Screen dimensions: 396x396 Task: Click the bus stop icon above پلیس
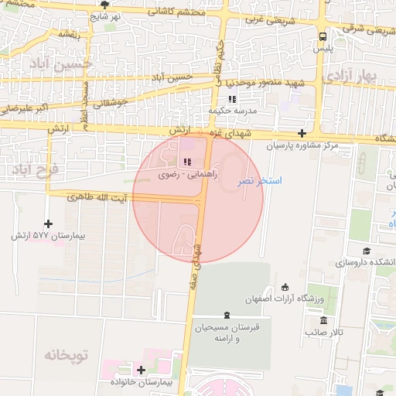coord(323,36)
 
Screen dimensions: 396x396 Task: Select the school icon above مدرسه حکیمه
coord(232,99)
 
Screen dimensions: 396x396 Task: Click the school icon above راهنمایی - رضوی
coord(186,162)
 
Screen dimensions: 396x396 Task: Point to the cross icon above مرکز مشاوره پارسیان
coord(302,133)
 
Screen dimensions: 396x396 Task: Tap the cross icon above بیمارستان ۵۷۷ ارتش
coord(49,224)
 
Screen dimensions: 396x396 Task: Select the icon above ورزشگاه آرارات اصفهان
coord(285,288)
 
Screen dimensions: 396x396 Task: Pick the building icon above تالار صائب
coord(323,320)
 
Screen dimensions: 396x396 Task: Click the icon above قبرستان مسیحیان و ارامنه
coord(226,314)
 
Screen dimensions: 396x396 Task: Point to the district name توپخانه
coord(67,355)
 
